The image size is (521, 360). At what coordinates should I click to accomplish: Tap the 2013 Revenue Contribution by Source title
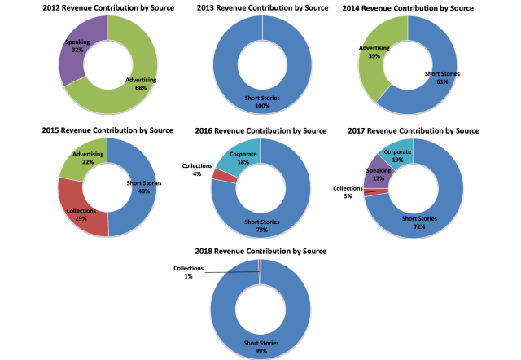pos(261,7)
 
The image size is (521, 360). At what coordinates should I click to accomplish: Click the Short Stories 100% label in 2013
pos(261,103)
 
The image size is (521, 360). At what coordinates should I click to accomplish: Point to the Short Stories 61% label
pos(443,77)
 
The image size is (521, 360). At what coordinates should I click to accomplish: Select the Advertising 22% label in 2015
pos(87,158)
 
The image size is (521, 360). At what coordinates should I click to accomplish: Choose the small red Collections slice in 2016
pos(220,174)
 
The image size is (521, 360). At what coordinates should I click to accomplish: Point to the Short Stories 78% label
pos(261,226)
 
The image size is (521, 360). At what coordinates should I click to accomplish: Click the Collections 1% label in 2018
pos(187,272)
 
